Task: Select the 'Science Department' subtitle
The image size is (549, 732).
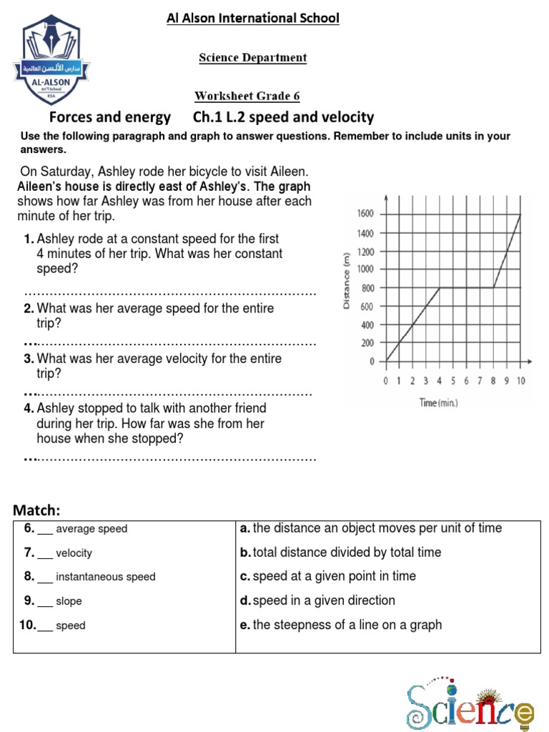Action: click(x=252, y=58)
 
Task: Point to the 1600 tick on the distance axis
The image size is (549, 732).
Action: click(x=365, y=214)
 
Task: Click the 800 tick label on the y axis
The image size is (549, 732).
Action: click(x=367, y=288)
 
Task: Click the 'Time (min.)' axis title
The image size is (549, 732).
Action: click(x=439, y=403)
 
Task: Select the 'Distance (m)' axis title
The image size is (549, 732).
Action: click(x=346, y=280)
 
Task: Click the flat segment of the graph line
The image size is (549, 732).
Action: click(x=466, y=287)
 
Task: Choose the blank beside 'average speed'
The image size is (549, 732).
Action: click(x=44, y=530)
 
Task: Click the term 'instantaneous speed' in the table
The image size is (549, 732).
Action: click(x=105, y=577)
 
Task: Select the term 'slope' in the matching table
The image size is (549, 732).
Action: click(x=69, y=601)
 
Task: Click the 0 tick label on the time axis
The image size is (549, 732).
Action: click(x=386, y=381)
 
